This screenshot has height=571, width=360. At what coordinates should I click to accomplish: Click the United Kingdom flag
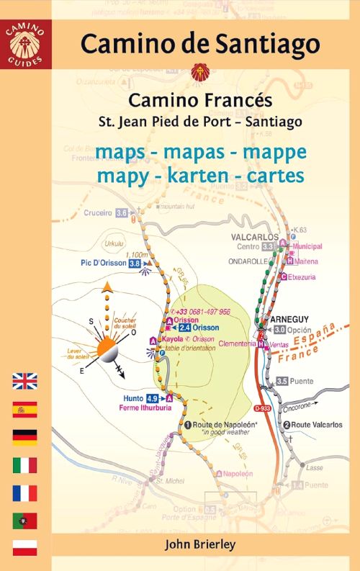[x=24, y=382]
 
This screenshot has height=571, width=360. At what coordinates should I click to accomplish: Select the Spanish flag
[x=24, y=410]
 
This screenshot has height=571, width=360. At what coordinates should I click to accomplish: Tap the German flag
[x=24, y=437]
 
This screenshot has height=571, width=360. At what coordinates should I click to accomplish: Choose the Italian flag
[x=24, y=464]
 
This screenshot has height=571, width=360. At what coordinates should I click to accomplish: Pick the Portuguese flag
[x=24, y=520]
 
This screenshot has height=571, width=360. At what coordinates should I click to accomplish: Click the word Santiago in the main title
[x=263, y=43]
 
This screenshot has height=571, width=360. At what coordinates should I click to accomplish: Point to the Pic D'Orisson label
[x=103, y=264]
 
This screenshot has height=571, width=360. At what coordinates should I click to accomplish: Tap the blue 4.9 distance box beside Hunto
[x=152, y=398]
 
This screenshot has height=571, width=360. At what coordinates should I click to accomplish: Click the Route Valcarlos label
[x=317, y=425]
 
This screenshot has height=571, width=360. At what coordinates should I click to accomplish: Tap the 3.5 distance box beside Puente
[x=282, y=381]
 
